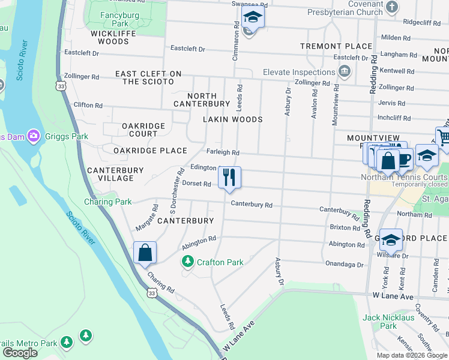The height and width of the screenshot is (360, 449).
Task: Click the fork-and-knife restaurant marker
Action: (229, 178)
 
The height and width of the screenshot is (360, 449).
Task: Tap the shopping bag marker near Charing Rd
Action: (145, 253)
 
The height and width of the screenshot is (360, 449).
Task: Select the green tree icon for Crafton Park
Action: (188, 262)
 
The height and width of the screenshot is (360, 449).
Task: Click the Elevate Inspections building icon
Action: (345, 73)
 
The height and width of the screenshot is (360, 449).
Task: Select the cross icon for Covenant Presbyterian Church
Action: (392, 7)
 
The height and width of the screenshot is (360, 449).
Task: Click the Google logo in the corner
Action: (20, 353)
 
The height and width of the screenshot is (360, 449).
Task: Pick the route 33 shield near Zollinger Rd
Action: (60, 86)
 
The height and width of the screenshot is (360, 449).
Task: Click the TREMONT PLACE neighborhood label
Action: (336, 46)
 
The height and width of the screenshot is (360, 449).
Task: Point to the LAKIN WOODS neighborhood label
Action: (233, 119)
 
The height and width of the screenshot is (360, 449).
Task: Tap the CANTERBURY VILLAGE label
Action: (115, 174)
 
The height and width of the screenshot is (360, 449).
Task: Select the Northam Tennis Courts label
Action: (404, 177)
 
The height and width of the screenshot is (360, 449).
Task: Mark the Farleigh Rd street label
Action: (223, 153)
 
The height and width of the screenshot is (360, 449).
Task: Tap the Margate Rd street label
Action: (147, 218)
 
